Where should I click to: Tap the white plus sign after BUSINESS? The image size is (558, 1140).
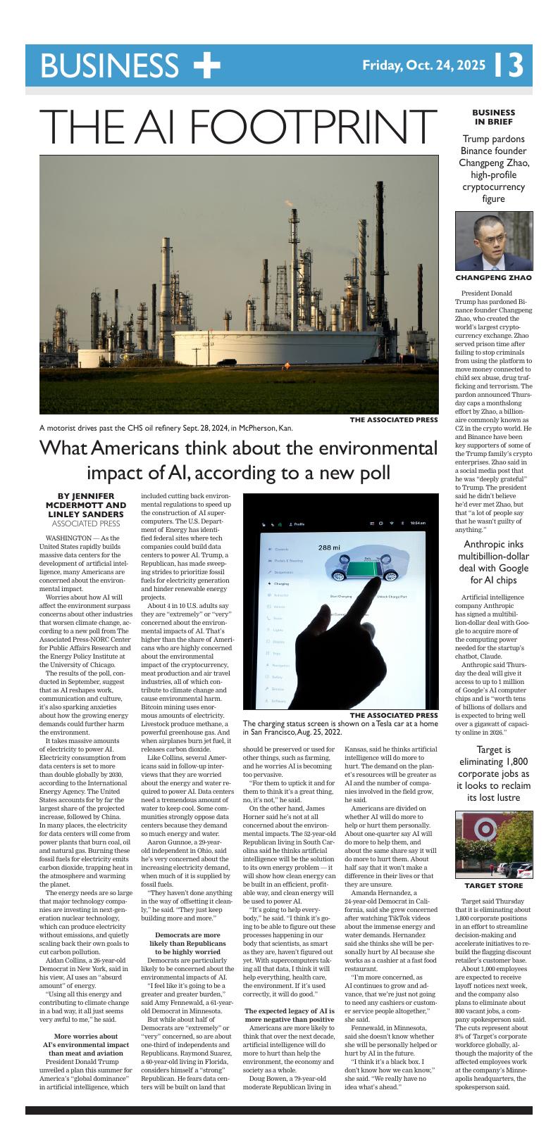pos(206,65)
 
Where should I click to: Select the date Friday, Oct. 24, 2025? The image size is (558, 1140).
pos(423,65)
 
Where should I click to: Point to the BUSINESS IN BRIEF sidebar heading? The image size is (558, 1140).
pos(493,117)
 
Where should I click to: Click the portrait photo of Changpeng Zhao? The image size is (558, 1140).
pos(493,241)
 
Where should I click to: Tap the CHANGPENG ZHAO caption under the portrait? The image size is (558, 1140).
pos(493,278)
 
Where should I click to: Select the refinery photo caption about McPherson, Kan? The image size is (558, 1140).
pos(166,427)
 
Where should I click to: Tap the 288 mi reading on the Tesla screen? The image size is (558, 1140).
pos(328,547)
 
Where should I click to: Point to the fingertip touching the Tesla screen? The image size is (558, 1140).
pos(368,600)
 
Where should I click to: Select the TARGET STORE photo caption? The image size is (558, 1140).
pos(493,885)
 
